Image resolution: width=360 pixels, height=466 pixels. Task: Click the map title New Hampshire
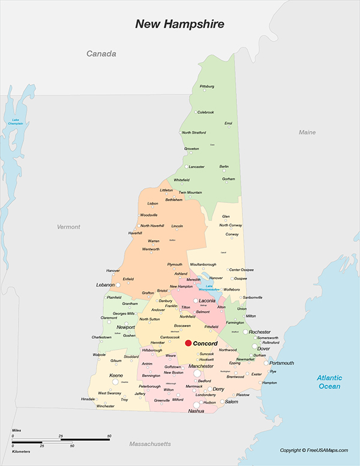pyautogui.click(x=179, y=25)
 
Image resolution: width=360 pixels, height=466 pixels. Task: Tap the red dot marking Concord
pyautogui.click(x=188, y=343)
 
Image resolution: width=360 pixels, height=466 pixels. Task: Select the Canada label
pyautogui.click(x=101, y=54)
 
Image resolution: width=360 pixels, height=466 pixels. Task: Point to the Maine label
pyautogui.click(x=307, y=132)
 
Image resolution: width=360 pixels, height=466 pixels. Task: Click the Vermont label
pyautogui.click(x=68, y=227)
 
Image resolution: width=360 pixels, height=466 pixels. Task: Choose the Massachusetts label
pyautogui.click(x=150, y=444)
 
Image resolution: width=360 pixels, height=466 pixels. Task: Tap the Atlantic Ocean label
pyautogui.click(x=329, y=382)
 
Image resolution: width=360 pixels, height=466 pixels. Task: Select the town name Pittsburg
pyautogui.click(x=206, y=86)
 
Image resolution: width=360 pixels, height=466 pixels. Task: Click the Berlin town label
pyautogui.click(x=224, y=166)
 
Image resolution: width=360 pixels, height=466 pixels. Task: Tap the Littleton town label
pyautogui.click(x=166, y=190)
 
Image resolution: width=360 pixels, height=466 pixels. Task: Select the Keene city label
pyautogui.click(x=116, y=375)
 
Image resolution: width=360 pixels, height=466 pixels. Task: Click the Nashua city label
pyautogui.click(x=196, y=411)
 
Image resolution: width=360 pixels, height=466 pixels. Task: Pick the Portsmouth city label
pyautogui.click(x=281, y=363)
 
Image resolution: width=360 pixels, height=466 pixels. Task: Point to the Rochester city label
pyautogui.click(x=260, y=332)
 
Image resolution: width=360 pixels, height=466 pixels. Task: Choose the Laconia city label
pyautogui.click(x=208, y=300)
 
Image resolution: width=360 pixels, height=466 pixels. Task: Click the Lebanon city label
pyautogui.click(x=105, y=285)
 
